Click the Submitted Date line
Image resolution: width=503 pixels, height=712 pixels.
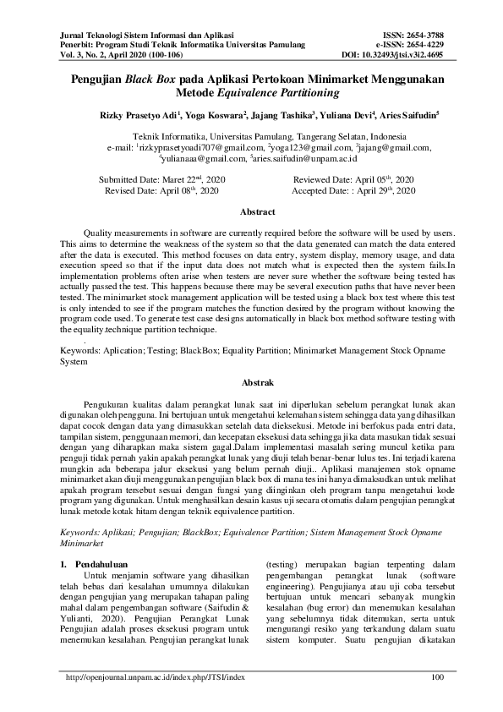pos(163,180)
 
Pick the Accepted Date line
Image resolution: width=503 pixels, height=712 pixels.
pos(353,191)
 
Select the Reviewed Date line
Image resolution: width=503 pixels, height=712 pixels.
pos(353,180)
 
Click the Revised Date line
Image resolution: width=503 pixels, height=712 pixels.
pos(163,191)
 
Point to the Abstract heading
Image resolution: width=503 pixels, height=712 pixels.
pos(258,212)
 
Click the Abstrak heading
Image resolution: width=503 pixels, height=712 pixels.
pos(258,383)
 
